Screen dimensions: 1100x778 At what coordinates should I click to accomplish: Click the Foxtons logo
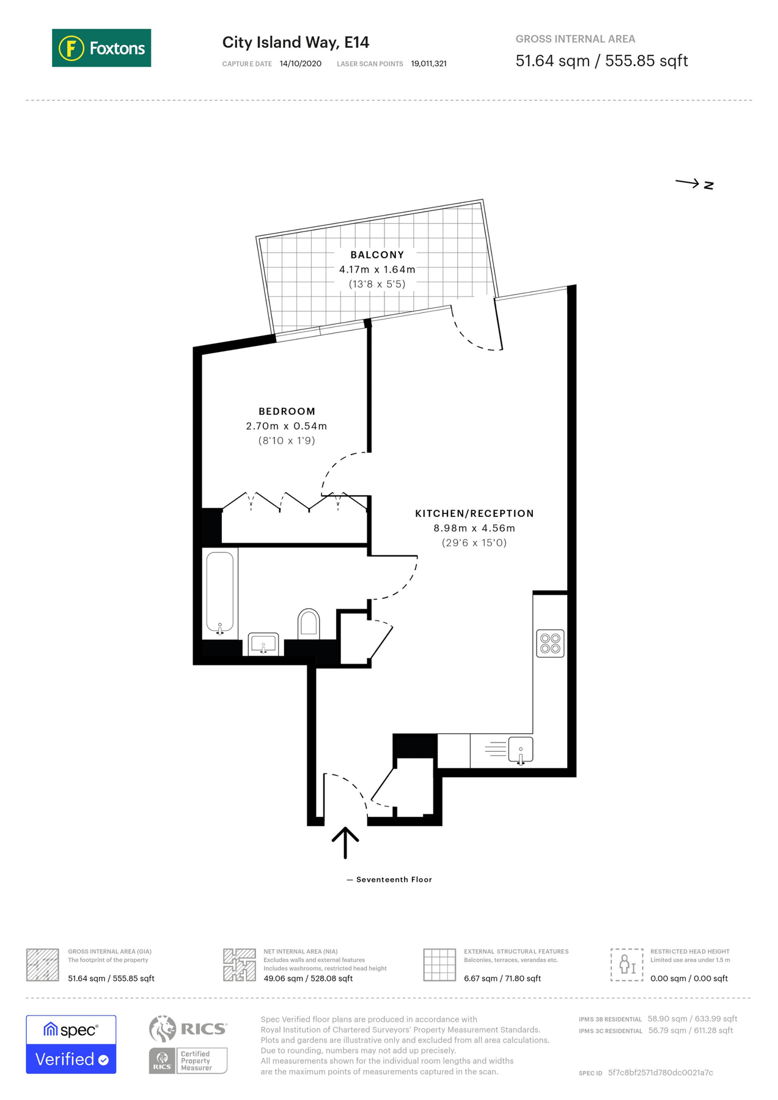click(x=101, y=48)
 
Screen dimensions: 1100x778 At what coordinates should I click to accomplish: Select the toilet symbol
click(x=309, y=623)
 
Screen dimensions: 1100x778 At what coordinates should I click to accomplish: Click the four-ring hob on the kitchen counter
click(x=550, y=643)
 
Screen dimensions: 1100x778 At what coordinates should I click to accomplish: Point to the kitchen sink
click(x=520, y=749)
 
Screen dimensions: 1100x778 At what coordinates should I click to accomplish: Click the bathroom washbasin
click(x=263, y=644)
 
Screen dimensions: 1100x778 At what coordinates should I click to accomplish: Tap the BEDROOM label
click(x=287, y=411)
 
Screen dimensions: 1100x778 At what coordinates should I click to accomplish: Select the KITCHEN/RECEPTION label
click(x=474, y=513)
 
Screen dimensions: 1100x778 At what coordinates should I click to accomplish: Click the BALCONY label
click(x=377, y=255)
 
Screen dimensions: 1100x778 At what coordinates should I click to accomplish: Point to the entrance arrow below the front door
click(x=345, y=842)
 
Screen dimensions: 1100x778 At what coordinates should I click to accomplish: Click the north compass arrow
click(x=694, y=183)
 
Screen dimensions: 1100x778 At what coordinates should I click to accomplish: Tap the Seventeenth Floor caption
click(x=394, y=879)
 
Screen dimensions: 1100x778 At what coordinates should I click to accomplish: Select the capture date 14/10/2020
click(x=300, y=64)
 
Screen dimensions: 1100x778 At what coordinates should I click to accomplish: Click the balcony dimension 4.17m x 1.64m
click(x=377, y=269)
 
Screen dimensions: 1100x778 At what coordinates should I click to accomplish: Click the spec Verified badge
click(x=71, y=1044)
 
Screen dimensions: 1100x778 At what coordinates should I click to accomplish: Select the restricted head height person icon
click(x=626, y=964)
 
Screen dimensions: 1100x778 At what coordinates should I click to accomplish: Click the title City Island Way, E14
click(x=296, y=42)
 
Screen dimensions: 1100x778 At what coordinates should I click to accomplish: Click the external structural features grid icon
click(x=439, y=964)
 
